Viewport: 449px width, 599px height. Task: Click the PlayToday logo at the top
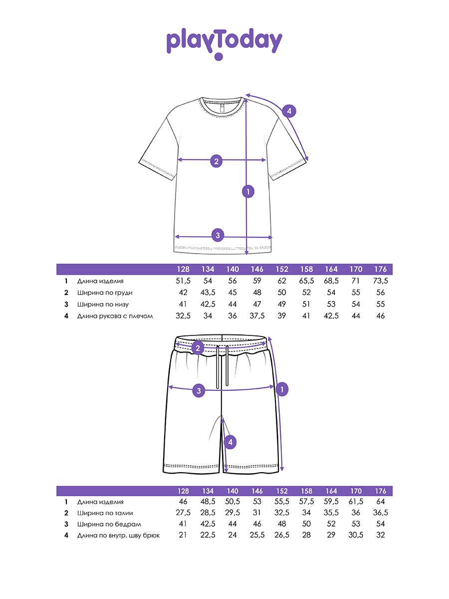224,43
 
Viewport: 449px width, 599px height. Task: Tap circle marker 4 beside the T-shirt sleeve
289,111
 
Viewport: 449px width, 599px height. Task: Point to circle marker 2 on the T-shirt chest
216,161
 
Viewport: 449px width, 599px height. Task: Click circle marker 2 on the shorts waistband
198,348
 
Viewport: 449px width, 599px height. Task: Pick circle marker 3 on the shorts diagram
199,391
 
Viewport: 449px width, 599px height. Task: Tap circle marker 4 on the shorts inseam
229,442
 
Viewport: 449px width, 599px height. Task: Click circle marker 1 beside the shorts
282,389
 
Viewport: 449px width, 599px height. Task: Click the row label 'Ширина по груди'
105,293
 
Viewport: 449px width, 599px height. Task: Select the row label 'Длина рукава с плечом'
115,316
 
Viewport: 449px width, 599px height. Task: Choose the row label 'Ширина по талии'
105,513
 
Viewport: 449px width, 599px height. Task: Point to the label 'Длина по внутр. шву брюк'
118,536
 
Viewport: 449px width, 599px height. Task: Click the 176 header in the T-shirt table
380,269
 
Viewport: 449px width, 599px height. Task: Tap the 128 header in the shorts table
184,491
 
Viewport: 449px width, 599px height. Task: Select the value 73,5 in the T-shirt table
380,282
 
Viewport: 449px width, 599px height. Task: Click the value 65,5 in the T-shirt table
307,282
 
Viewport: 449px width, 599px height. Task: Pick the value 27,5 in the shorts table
184,513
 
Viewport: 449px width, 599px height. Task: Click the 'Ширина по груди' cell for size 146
257,293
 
